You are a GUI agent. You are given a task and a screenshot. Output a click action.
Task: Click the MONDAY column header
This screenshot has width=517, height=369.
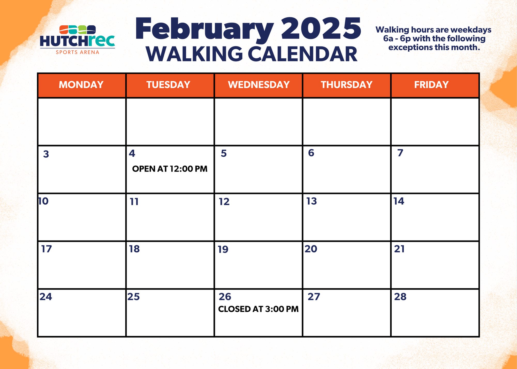[x=81, y=85]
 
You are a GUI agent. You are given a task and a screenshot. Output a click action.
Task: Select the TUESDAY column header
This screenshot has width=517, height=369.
[x=168, y=85]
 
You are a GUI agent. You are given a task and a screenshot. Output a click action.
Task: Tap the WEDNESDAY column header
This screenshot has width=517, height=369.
[x=259, y=85]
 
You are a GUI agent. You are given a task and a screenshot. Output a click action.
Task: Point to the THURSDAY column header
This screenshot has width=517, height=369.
[x=347, y=85]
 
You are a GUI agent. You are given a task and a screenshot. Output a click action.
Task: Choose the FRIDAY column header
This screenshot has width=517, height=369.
[x=431, y=85]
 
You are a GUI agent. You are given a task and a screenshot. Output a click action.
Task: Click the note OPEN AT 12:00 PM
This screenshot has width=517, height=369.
[x=170, y=169]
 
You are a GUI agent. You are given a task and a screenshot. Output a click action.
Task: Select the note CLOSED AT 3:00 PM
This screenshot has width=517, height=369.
[x=258, y=309]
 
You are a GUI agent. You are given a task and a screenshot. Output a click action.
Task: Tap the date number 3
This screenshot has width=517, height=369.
[x=46, y=154]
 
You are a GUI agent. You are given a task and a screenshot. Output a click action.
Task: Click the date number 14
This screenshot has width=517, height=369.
[x=399, y=201]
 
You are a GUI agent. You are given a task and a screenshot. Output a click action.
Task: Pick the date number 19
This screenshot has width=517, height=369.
[x=223, y=249]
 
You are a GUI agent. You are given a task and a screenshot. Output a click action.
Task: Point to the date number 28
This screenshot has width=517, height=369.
[x=400, y=297]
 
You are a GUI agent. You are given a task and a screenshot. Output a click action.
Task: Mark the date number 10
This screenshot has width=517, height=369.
[x=43, y=201]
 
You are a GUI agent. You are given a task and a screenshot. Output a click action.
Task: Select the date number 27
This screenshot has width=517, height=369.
[x=314, y=297]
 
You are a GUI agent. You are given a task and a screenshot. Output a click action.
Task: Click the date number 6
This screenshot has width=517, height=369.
[x=311, y=153]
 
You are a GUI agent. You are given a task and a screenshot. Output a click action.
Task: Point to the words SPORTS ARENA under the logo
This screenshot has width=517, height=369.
[x=78, y=52]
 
